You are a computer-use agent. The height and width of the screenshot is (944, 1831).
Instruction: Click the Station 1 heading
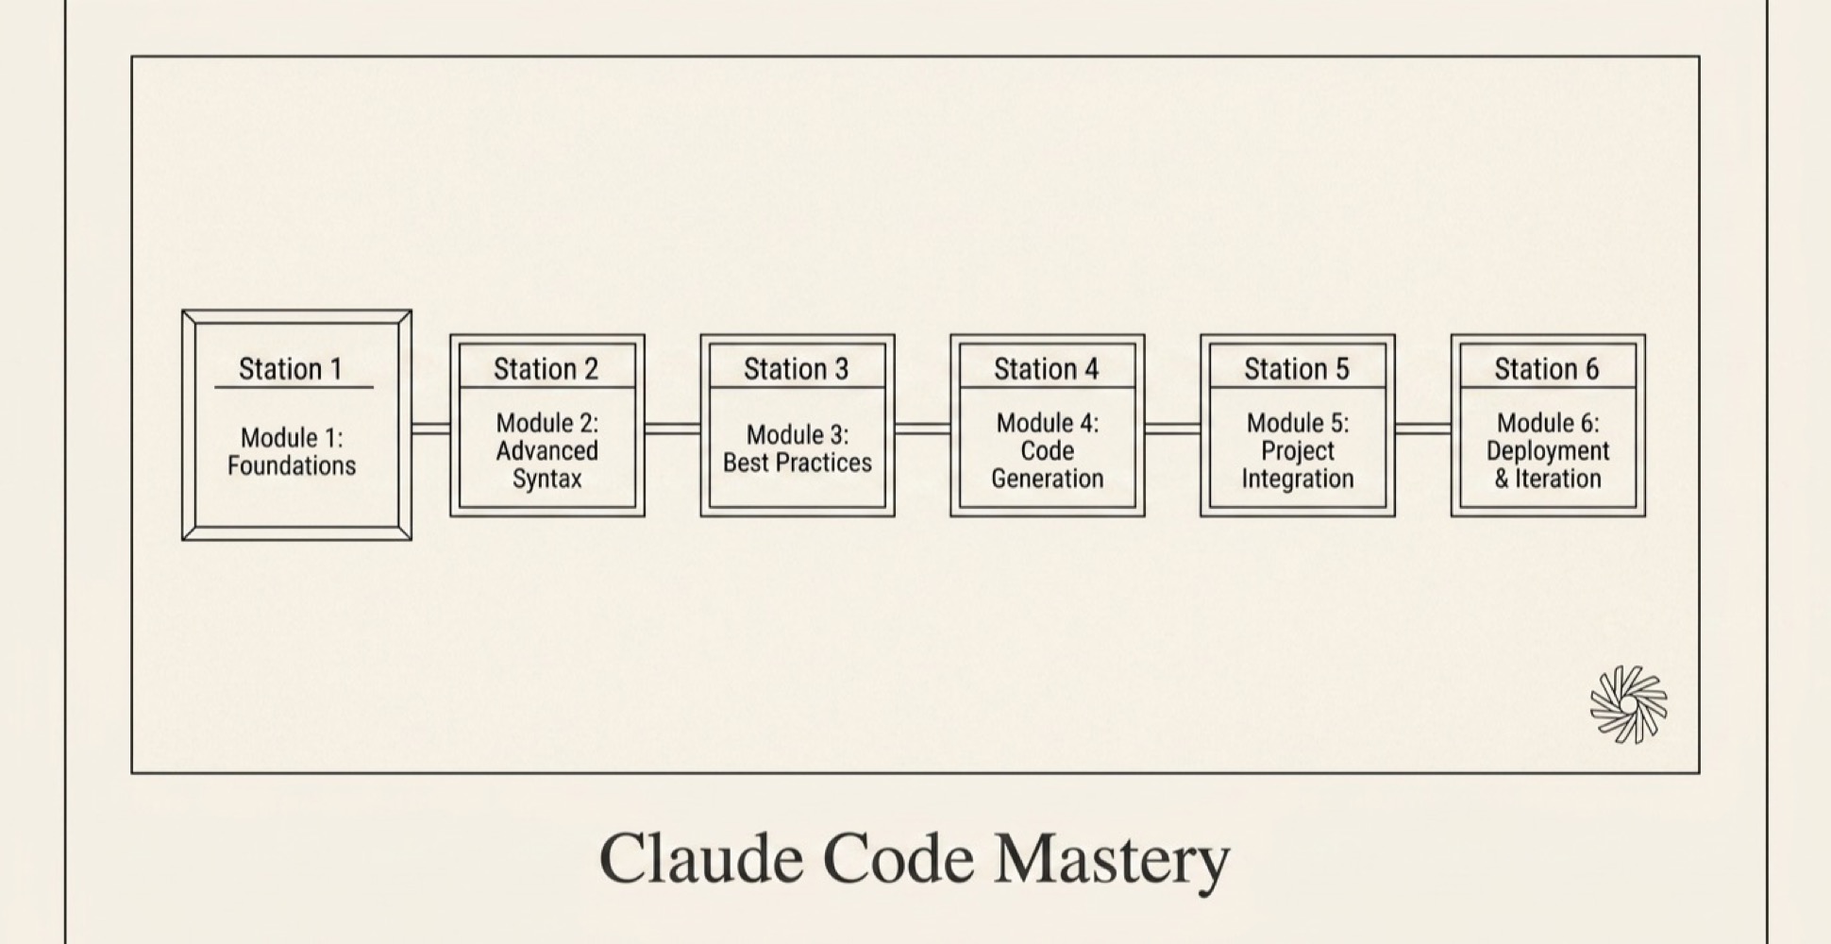[x=291, y=368]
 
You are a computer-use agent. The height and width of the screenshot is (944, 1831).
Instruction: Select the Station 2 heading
[x=546, y=368]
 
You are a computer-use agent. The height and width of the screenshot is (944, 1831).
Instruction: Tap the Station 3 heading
[x=796, y=368]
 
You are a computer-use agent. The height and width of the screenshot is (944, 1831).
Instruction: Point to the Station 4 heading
[x=1046, y=368]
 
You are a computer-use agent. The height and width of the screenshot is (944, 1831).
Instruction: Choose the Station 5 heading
[x=1296, y=368]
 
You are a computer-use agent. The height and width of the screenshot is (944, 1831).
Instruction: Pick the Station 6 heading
[x=1546, y=368]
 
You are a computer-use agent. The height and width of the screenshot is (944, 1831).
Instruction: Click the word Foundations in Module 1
[x=292, y=465]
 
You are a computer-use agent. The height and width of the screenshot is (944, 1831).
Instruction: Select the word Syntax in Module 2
[x=546, y=479]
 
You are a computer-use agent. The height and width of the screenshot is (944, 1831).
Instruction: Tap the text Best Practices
[x=798, y=463]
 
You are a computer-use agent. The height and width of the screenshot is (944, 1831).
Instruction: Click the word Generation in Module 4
[x=1047, y=479]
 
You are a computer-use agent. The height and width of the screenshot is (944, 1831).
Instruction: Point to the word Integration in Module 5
[x=1297, y=479]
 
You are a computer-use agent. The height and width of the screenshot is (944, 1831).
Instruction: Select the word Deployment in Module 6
[x=1548, y=451]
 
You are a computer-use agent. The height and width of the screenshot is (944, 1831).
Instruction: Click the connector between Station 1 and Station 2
[x=431, y=429]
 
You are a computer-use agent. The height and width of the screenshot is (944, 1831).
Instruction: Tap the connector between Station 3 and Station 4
[x=922, y=429]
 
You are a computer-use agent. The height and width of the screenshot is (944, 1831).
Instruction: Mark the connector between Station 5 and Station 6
[x=1422, y=429]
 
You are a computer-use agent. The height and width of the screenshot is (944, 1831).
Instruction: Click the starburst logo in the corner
[x=1628, y=704]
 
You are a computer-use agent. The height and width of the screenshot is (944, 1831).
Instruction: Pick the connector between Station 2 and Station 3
[x=672, y=429]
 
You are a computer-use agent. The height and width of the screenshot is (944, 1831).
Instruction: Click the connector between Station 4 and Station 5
[x=1172, y=429]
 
